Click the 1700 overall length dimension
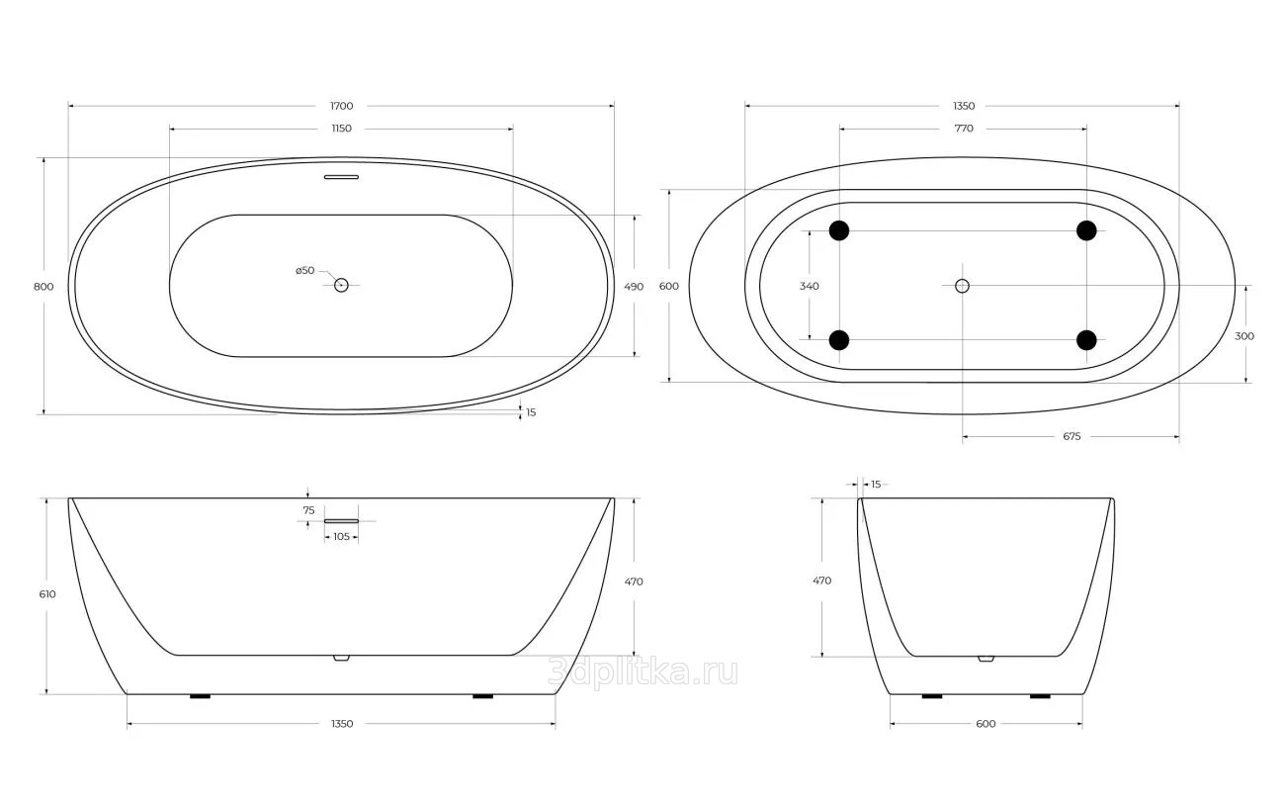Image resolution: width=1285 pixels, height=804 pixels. pos(341,106)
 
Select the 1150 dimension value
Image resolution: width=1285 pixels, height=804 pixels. pos(341,128)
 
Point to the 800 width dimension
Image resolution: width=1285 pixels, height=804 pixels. pos(43,287)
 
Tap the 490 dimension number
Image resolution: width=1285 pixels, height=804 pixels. pos(634,287)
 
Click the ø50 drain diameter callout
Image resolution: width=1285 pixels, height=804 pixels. pos(305,270)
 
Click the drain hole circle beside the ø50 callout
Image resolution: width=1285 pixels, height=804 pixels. pos(341,285)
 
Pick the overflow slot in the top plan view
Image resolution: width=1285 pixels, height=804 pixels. pos(341,177)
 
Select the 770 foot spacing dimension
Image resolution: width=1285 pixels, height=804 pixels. pos(964,128)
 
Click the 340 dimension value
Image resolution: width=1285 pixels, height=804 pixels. pos(810,286)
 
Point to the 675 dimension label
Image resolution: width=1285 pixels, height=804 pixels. pos(1071,436)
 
